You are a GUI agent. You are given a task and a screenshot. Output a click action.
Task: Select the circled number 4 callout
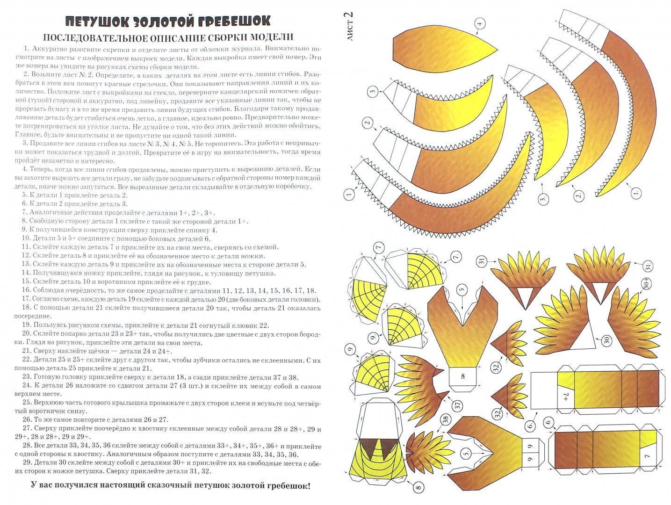click(479, 23)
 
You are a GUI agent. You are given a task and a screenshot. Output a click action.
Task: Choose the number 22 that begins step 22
click(26, 360)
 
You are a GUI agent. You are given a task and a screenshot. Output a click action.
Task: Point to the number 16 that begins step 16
click(26, 291)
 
